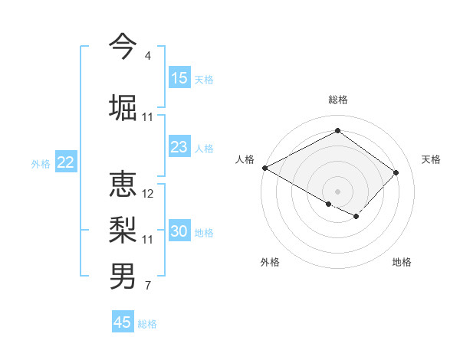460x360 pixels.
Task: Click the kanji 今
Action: [123, 46]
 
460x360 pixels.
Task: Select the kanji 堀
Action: [123, 107]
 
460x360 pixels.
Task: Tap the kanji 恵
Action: [123, 184]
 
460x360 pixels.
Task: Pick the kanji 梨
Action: [123, 230]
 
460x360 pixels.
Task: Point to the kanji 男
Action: [123, 277]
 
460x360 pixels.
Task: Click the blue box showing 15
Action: [179, 78]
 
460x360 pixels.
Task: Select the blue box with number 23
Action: [179, 147]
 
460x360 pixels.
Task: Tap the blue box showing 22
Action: [66, 162]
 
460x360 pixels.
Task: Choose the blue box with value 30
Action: [179, 231]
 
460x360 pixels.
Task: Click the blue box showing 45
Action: [123, 322]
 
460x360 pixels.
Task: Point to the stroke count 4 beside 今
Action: [147, 56]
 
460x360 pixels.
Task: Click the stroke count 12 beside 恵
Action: [148, 194]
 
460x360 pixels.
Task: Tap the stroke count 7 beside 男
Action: [147, 286]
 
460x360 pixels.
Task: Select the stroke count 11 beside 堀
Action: [148, 117]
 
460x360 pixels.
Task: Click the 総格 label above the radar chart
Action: [337, 100]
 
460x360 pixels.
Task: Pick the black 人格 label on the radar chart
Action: [245, 159]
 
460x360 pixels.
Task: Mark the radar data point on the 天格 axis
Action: [396, 172]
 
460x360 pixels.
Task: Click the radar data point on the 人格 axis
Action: [264, 168]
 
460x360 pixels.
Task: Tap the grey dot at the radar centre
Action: [337, 191]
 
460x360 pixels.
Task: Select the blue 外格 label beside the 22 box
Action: [41, 163]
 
